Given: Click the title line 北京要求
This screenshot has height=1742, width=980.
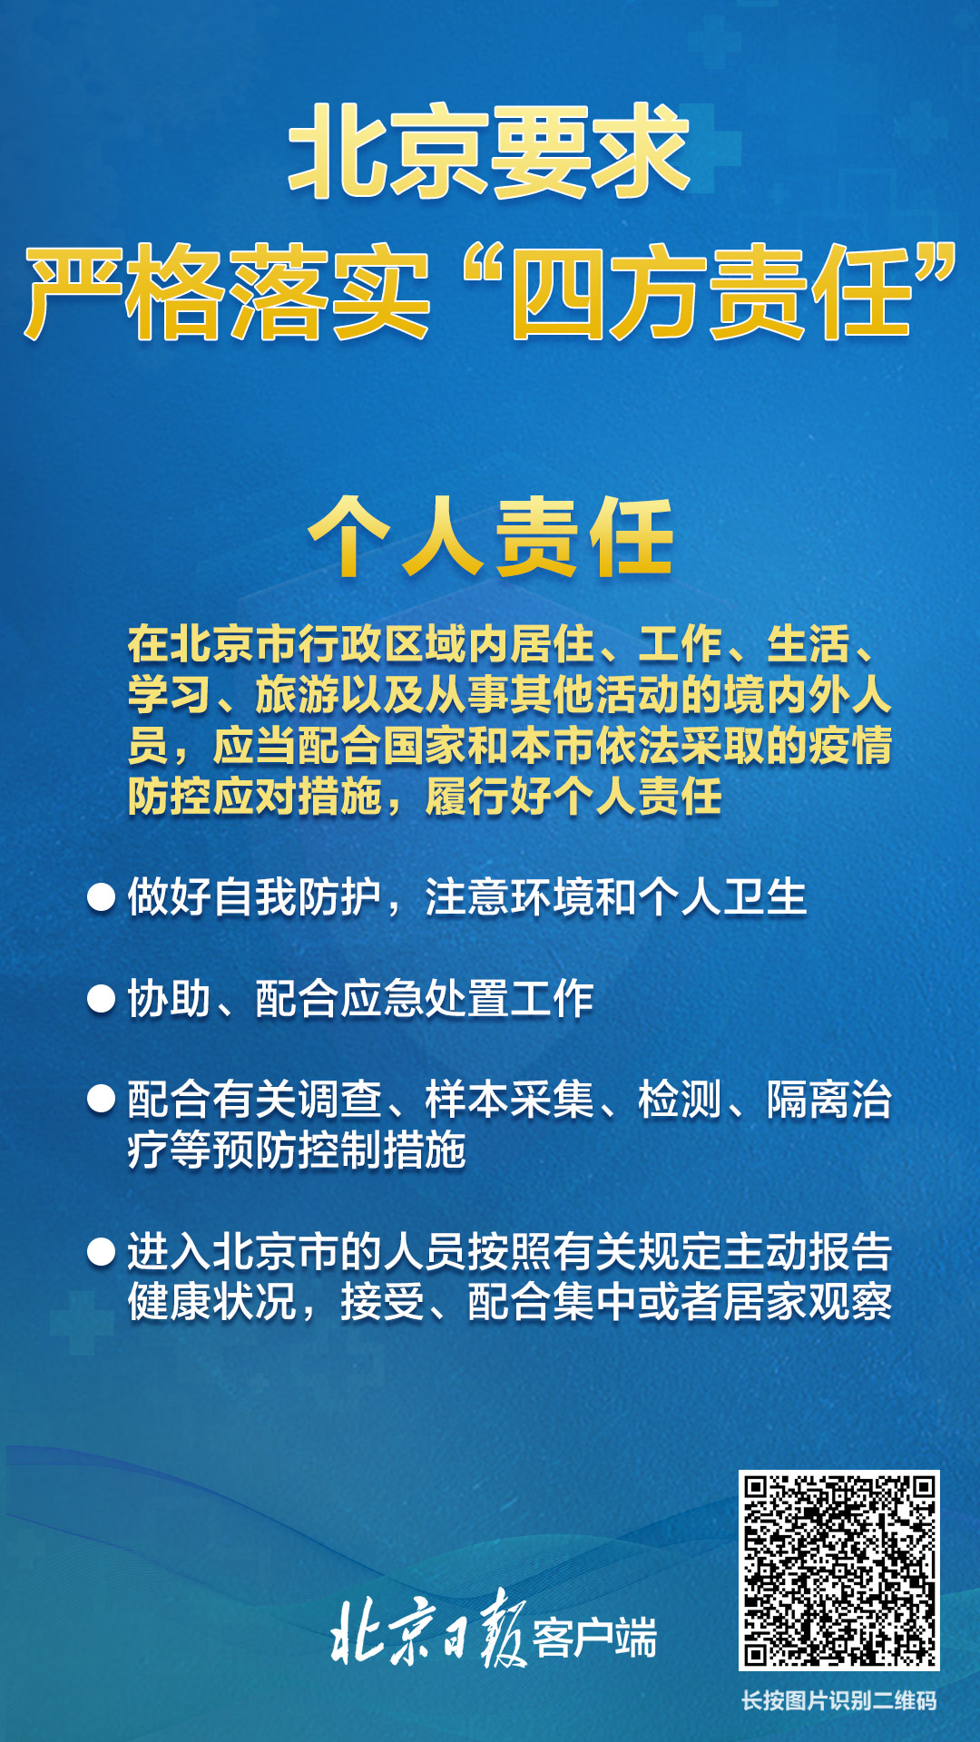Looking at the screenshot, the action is [489, 151].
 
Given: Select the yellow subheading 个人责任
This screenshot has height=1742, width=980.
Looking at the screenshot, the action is [491, 537].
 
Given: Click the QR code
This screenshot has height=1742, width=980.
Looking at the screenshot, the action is [838, 1571].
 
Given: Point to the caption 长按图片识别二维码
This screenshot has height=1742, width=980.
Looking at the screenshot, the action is [838, 1700].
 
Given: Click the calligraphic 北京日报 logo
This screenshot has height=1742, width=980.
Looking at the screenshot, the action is [428, 1630].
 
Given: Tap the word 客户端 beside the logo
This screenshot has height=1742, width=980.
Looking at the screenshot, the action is [594, 1637].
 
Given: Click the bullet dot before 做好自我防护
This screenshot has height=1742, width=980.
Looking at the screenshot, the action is [101, 897].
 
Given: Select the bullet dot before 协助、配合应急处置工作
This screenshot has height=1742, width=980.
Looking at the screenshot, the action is [101, 999].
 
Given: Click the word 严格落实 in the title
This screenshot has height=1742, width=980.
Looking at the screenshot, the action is [227, 292].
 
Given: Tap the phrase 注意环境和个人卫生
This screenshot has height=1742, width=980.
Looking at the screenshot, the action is [616, 897].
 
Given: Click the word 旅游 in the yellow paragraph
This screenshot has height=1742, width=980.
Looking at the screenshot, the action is [298, 695].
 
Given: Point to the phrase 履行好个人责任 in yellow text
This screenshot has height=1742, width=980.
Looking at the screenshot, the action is [573, 797].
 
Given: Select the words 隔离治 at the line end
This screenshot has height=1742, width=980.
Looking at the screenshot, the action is [829, 1100].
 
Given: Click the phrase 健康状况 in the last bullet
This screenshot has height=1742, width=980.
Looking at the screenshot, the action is [212, 1303].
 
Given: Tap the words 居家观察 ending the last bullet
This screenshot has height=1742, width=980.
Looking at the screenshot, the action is [808, 1303].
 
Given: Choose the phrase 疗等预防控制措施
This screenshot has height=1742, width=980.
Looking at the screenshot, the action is [297, 1150].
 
